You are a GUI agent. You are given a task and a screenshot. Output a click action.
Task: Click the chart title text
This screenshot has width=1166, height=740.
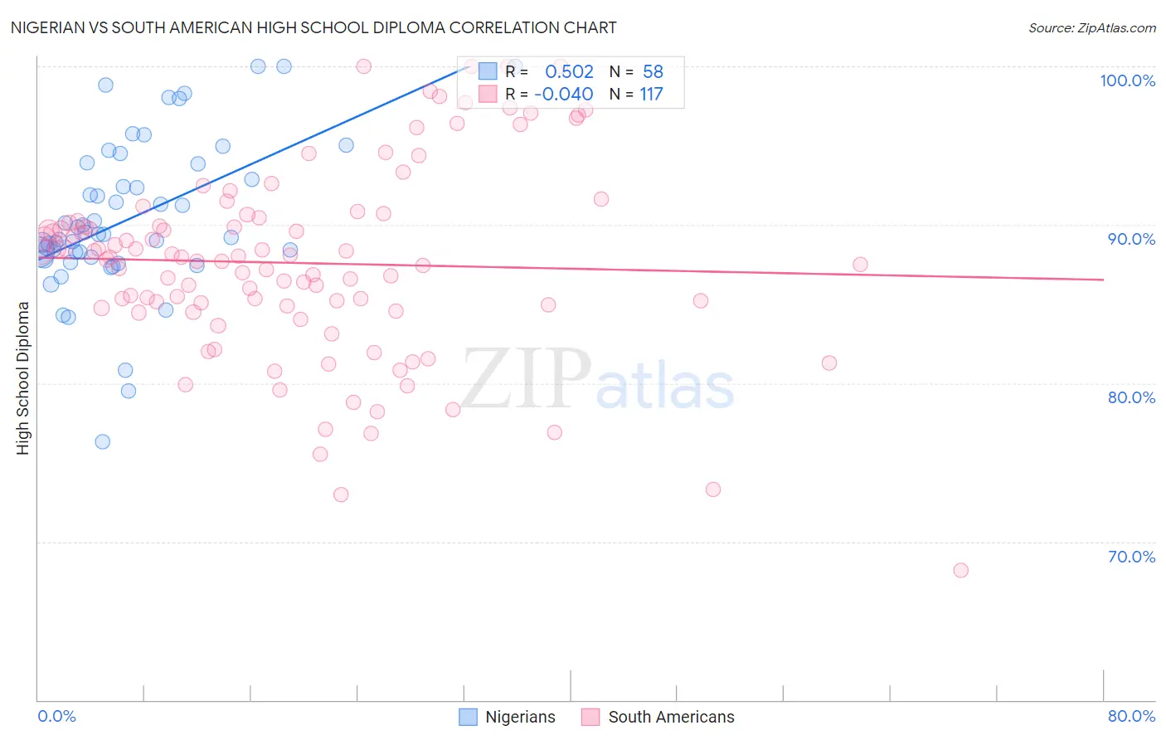click(313, 27)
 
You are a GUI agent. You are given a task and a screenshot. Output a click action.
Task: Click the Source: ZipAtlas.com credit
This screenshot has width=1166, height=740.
click(1091, 27)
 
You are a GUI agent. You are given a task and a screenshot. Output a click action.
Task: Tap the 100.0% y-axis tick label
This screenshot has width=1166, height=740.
click(1127, 80)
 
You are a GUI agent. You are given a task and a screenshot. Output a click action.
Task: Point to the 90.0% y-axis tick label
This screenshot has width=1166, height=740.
click(1131, 239)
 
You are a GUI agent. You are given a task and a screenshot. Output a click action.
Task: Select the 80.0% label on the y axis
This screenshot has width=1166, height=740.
click(1131, 397)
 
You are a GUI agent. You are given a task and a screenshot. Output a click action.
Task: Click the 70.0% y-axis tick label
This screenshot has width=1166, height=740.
click(1131, 557)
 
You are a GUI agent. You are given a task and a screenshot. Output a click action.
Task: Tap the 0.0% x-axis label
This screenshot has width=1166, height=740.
click(56, 716)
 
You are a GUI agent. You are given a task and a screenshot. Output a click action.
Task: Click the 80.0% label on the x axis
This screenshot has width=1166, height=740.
click(1131, 716)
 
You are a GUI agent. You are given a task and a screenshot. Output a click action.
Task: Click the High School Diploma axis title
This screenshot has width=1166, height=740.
click(23, 377)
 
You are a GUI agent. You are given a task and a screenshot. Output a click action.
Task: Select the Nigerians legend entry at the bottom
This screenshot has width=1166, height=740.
click(507, 717)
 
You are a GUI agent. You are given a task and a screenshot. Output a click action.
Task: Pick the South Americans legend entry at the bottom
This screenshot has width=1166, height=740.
click(658, 717)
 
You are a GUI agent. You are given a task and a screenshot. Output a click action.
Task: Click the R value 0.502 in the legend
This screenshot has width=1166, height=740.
click(569, 71)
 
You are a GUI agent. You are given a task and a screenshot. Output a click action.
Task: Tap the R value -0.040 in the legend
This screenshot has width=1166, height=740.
click(564, 94)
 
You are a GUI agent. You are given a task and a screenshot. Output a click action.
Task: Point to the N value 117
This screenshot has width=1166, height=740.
click(651, 94)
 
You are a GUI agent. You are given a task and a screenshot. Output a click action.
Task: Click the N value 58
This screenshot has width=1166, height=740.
click(653, 71)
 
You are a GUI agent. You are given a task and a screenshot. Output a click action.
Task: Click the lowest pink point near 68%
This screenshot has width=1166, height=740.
click(960, 570)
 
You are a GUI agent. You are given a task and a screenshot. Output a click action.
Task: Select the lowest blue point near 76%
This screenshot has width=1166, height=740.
click(103, 441)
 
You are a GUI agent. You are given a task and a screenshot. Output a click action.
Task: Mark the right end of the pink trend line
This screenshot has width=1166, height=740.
click(1104, 280)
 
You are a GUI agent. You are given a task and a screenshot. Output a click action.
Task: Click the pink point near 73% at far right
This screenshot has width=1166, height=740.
click(713, 489)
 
